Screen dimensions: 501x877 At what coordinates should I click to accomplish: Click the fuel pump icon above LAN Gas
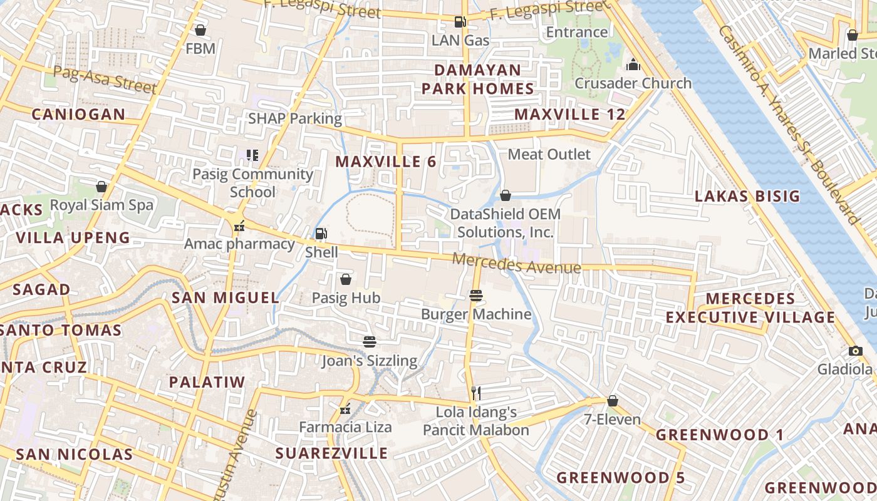click(x=460, y=22)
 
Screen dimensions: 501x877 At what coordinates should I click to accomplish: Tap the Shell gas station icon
click(x=321, y=234)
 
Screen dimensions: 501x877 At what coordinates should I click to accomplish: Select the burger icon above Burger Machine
click(x=475, y=295)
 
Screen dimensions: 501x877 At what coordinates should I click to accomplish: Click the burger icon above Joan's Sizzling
click(x=370, y=341)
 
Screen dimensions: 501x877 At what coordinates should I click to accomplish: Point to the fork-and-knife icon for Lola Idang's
click(x=476, y=393)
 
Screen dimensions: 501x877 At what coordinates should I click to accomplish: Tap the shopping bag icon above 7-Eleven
click(x=613, y=401)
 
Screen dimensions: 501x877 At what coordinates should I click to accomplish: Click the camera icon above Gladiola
click(x=856, y=351)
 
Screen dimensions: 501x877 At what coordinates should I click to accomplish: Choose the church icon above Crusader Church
click(x=633, y=65)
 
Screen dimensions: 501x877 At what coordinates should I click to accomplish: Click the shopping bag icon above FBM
click(x=200, y=30)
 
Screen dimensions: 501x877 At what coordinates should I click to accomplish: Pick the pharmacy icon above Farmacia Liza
click(x=345, y=410)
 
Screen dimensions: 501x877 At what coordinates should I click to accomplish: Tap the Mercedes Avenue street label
click(x=517, y=264)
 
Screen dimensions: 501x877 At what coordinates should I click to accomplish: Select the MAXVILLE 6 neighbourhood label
click(x=385, y=162)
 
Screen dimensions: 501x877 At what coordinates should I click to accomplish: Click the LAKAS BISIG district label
click(x=747, y=197)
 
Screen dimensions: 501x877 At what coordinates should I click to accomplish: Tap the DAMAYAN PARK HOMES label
click(x=478, y=79)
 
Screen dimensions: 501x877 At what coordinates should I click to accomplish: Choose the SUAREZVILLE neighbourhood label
click(x=332, y=453)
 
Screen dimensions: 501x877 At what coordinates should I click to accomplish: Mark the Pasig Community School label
click(x=252, y=183)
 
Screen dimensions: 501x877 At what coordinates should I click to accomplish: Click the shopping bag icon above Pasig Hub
click(x=345, y=279)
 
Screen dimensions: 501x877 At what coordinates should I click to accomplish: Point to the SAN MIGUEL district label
click(x=226, y=297)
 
